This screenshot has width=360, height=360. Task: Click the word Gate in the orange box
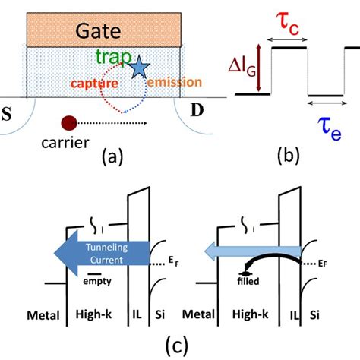[x=102, y=31]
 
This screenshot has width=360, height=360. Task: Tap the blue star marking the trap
[x=139, y=69]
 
